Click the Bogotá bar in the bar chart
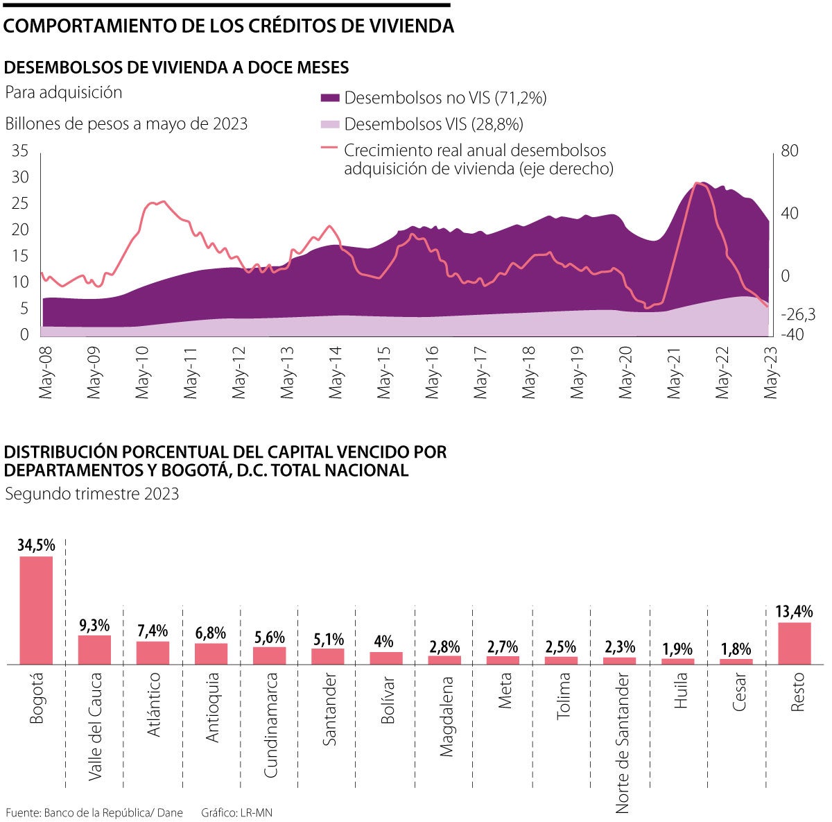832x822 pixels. point(36,610)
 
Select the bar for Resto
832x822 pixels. point(794,643)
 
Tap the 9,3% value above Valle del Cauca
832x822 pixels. point(94,625)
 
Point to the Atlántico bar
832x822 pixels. point(153,653)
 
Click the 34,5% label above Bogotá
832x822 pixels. point(36,545)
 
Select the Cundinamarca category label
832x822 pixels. point(270,725)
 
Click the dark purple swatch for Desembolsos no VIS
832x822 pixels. point(330,99)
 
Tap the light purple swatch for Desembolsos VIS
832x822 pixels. point(330,125)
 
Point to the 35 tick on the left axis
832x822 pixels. point(20,151)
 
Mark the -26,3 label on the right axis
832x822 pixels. point(797,314)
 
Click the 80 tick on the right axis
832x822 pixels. point(790,151)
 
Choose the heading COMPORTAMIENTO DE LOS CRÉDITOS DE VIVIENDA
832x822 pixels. point(229,26)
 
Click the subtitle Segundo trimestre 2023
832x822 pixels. point(92,494)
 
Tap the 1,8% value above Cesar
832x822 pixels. point(736,649)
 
